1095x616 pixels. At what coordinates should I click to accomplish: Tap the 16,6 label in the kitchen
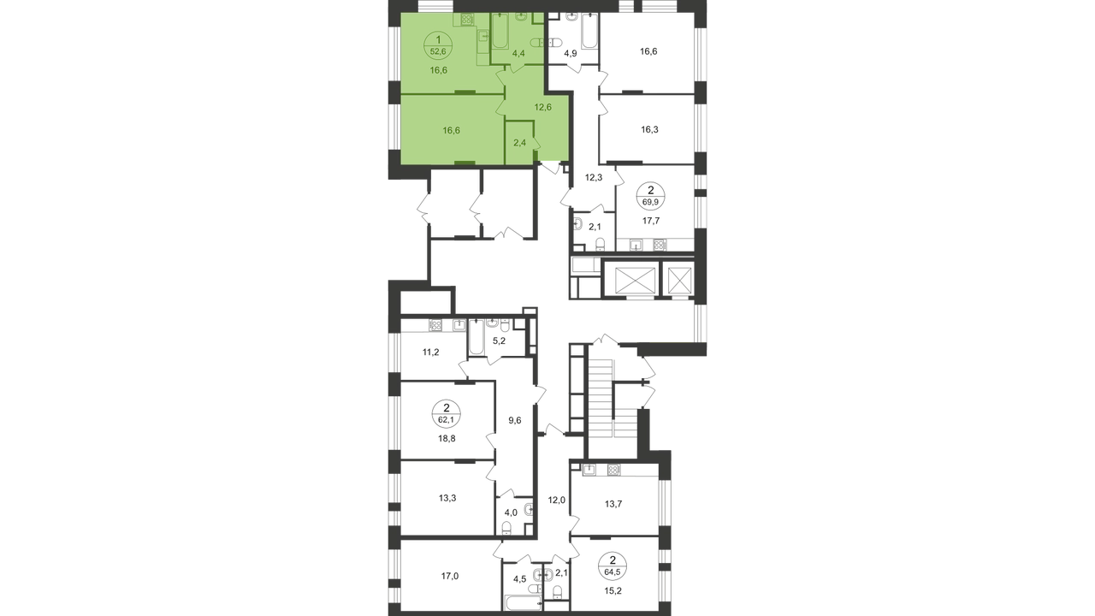coord(440,70)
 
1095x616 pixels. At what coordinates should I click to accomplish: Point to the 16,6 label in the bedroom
coord(440,130)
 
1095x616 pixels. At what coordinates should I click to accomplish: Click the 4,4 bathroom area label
coord(518,53)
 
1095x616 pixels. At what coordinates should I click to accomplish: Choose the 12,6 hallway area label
coord(543,107)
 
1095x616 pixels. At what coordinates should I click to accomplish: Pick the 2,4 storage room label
coord(519,143)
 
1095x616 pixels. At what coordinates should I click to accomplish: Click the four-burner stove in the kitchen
coord(467,20)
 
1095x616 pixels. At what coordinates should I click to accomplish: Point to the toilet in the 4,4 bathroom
coord(534,43)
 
